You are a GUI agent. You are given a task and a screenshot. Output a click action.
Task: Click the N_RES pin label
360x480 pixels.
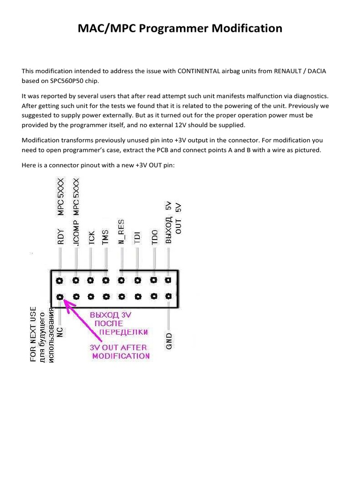121,232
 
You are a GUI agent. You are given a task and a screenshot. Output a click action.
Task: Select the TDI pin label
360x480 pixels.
137,237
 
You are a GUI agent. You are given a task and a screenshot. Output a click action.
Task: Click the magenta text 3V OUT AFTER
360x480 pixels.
118,347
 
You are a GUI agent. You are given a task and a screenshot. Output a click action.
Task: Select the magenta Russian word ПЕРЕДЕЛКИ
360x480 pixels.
124,332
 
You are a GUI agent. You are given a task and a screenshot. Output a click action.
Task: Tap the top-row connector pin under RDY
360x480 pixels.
60,281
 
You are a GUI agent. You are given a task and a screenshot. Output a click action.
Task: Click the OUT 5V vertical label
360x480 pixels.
179,219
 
